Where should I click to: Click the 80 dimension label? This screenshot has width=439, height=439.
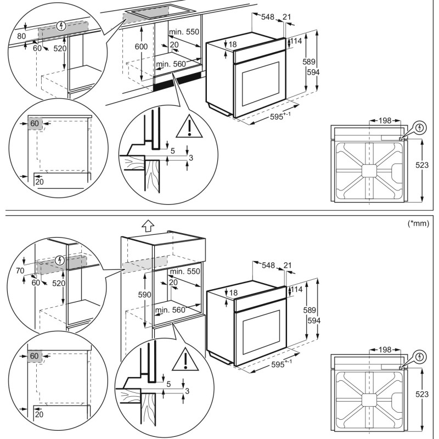(x=21, y=36)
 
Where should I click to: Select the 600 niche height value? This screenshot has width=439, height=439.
(x=141, y=47)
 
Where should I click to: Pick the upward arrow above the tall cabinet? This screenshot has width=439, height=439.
(x=147, y=225)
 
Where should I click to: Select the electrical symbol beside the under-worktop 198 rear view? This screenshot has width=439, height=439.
(x=420, y=128)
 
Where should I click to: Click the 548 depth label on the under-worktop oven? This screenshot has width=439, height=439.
(x=267, y=18)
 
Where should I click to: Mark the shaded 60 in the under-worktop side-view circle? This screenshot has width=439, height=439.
(x=34, y=123)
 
